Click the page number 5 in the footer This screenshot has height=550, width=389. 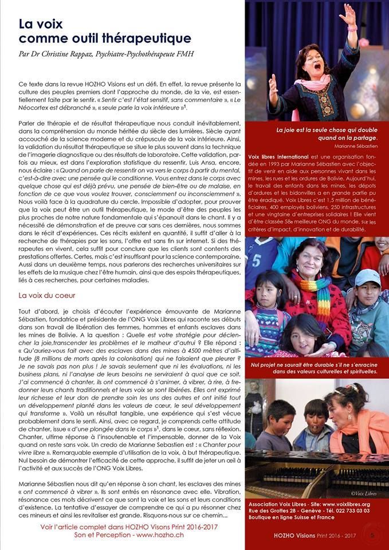[372, 535]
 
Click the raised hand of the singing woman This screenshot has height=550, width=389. [348, 13]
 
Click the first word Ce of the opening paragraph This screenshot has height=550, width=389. [22, 84]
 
